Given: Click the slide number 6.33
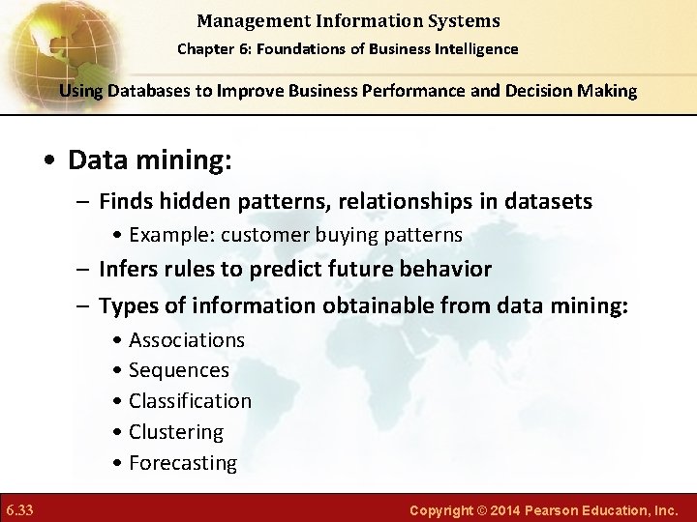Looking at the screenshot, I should coord(19,508).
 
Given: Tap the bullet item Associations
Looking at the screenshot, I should coord(186,340).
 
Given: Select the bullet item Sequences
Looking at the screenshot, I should coord(178,370).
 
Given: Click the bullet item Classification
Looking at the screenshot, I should coord(190,401).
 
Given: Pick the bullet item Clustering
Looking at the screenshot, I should coord(175,432).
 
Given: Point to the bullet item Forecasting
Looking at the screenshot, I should coord(182,463).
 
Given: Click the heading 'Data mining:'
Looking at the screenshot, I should coord(149,159).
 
